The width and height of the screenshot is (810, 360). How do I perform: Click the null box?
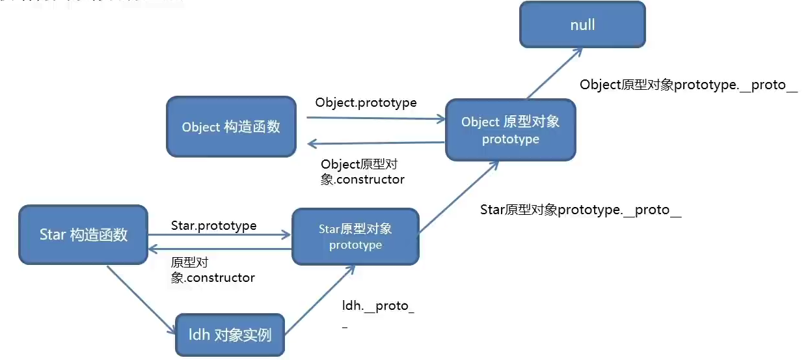pos(582,25)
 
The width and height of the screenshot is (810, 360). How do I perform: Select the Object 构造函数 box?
pos(231,127)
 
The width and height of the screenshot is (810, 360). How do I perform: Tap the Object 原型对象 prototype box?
pos(510,130)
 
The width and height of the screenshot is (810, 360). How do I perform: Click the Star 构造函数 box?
pos(83,235)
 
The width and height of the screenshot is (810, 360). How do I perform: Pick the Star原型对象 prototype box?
pos(355,236)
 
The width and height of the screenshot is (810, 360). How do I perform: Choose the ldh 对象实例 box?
pos(230,335)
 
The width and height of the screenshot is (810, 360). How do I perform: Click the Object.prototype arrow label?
pos(366,103)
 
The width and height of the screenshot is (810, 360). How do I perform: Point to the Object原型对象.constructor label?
pos(362,172)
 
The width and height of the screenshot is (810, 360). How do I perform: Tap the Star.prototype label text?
pos(213,226)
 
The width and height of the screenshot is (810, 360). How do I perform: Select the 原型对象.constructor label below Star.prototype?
pos(212,270)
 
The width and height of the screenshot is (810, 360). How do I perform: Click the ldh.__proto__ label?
pos(378,307)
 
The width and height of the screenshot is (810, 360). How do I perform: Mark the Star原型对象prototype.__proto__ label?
pos(580,210)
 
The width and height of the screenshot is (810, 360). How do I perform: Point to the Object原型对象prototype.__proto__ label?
pos(688,85)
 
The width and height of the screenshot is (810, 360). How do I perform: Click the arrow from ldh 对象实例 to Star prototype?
pos(320,299)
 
